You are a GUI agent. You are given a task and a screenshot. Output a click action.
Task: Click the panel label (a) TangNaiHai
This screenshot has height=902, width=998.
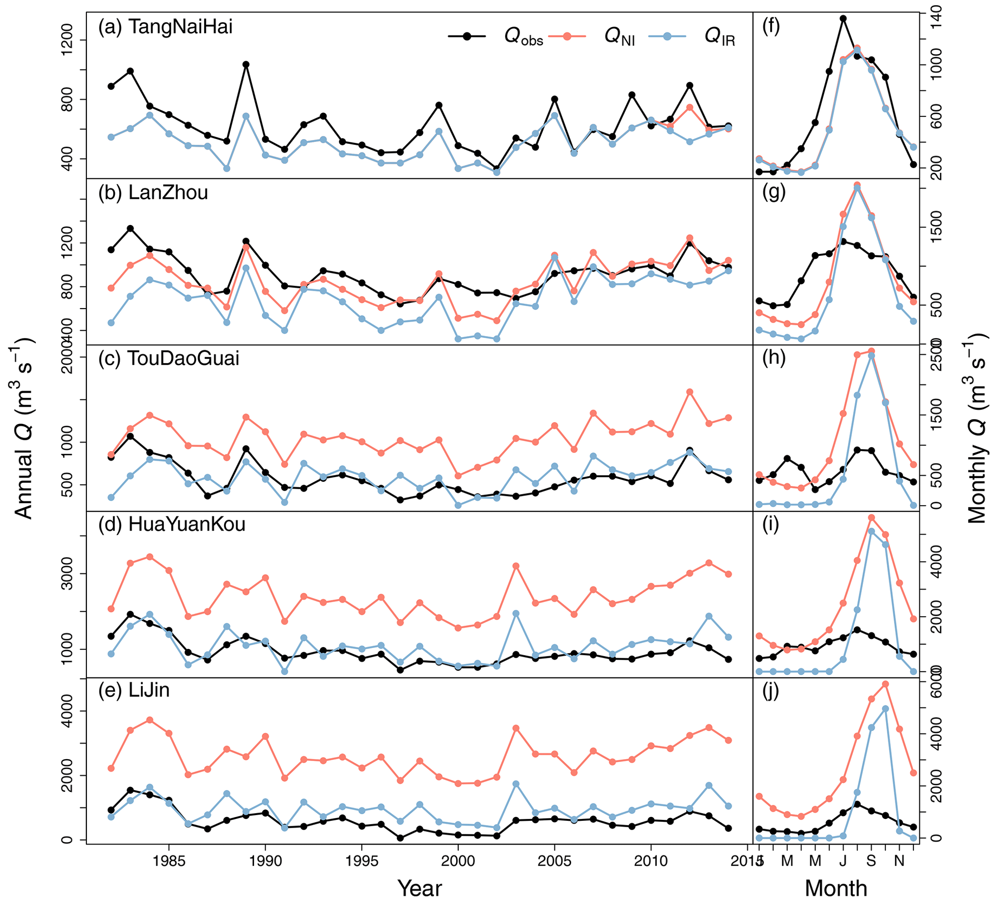165,27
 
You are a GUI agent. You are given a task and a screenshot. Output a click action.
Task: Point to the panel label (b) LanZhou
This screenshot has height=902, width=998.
153,193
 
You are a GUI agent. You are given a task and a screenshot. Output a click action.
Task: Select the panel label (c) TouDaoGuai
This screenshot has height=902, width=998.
169,358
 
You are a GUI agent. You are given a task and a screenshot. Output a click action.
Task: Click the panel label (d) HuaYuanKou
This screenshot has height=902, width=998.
172,524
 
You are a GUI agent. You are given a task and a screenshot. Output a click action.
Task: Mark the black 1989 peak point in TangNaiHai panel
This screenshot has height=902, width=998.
246,64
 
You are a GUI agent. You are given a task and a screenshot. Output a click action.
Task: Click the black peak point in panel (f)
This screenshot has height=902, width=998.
843,19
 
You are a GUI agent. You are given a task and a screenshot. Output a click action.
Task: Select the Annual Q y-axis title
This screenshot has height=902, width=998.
22,428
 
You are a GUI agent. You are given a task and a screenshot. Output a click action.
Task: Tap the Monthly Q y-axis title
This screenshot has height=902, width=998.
978,428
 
